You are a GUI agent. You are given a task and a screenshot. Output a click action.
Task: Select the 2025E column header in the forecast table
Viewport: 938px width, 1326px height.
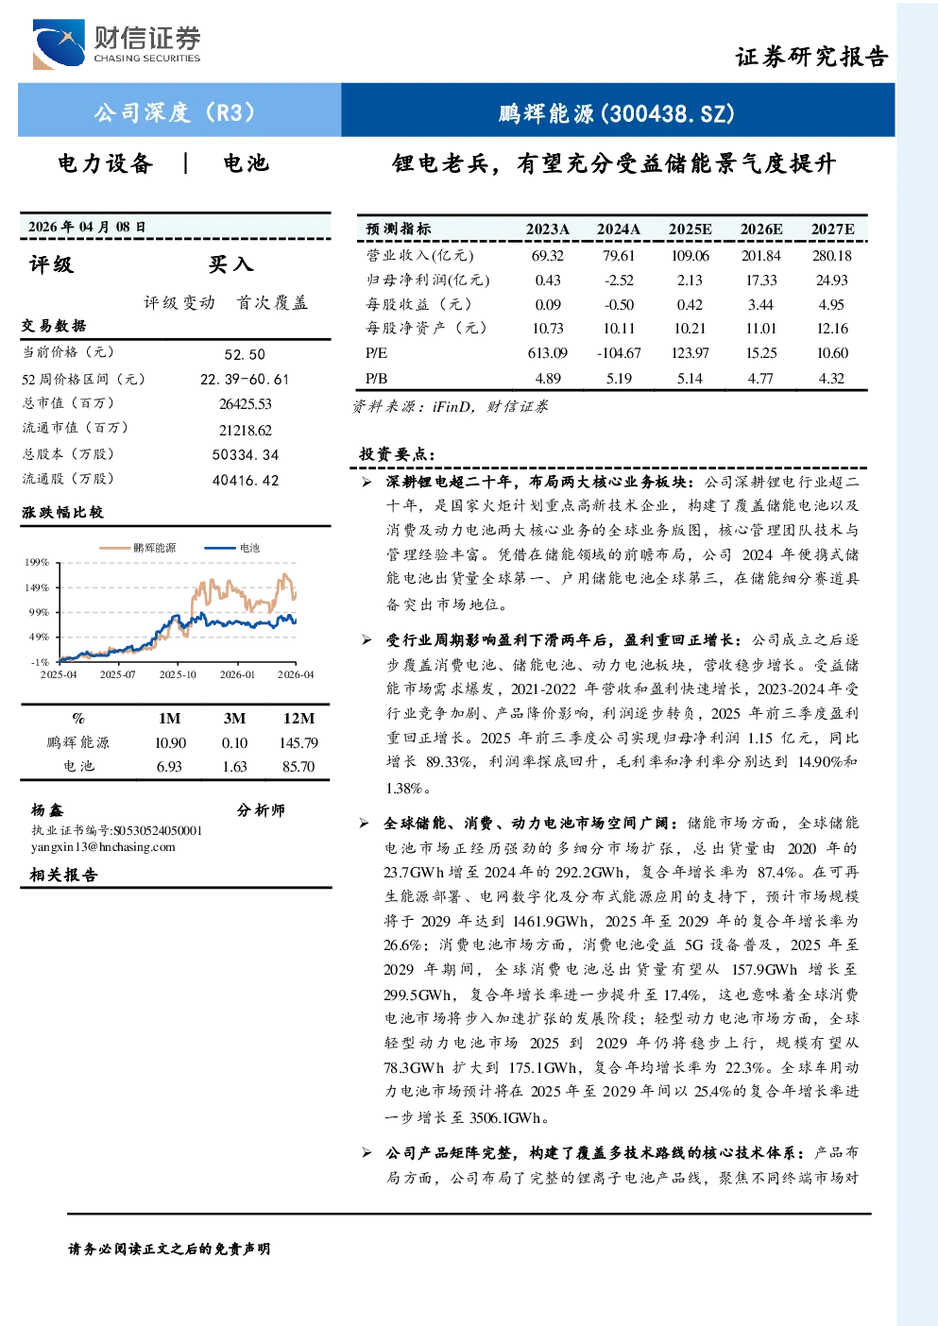click(690, 229)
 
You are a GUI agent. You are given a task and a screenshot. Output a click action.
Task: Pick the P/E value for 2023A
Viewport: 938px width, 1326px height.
click(547, 353)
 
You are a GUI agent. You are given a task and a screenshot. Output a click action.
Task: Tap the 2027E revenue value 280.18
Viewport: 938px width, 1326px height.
click(832, 256)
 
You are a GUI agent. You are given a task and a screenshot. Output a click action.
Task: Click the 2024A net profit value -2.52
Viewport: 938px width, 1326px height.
click(619, 280)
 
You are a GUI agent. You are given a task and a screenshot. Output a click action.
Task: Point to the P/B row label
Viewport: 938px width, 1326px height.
click(377, 379)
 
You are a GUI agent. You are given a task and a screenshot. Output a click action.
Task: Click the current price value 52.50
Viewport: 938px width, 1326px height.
click(245, 354)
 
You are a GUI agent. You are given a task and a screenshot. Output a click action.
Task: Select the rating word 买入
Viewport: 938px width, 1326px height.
click(230, 264)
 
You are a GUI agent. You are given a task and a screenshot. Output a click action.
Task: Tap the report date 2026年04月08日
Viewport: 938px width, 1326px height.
click(87, 227)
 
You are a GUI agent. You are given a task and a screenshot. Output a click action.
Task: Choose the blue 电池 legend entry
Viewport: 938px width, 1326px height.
click(232, 548)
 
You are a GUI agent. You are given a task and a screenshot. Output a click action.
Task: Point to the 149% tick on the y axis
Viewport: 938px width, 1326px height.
click(37, 587)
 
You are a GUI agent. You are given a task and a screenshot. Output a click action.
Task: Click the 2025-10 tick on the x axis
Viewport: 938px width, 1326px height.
click(178, 674)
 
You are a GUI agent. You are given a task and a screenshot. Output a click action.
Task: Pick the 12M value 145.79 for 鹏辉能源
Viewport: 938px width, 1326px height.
click(298, 742)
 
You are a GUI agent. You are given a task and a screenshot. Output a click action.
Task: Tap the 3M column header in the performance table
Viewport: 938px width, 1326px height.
click(234, 718)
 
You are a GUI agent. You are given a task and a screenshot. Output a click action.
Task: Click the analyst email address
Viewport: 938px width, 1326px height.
click(103, 846)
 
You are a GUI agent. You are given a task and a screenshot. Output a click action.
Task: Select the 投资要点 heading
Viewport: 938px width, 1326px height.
click(397, 454)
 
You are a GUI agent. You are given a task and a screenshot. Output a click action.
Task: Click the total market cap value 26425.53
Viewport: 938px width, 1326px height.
click(246, 403)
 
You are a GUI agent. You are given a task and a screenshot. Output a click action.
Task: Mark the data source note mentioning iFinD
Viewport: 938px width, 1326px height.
click(450, 407)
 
